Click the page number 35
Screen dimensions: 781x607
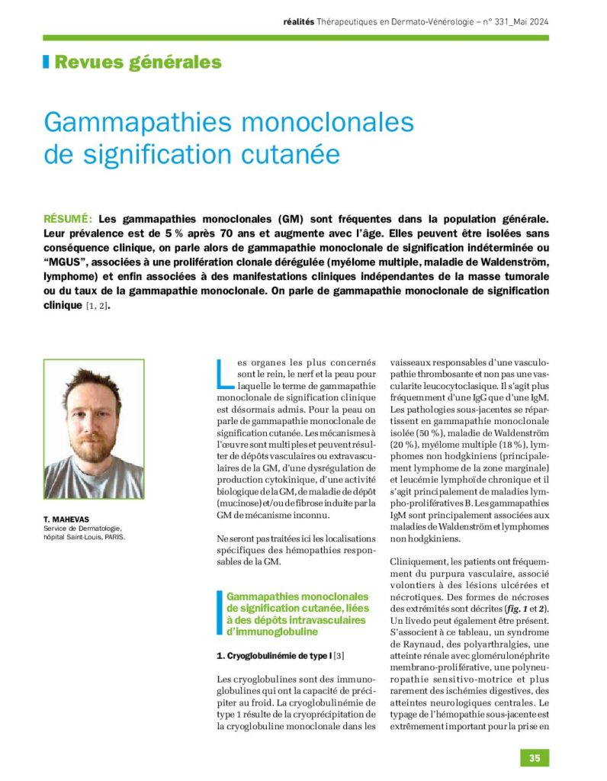coord(535,757)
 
